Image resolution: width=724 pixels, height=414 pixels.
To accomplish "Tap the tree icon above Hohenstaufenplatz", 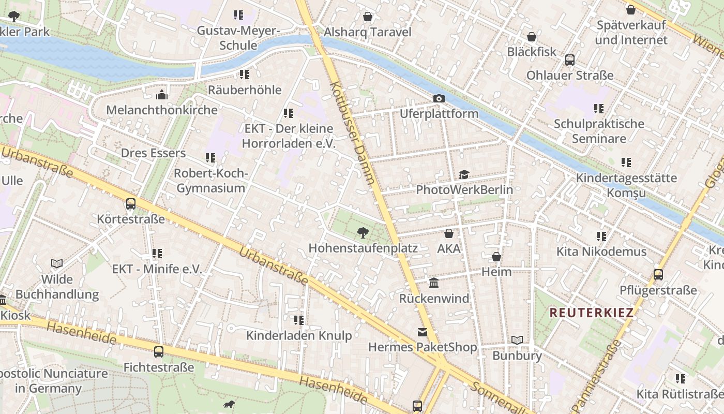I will coord(363,233).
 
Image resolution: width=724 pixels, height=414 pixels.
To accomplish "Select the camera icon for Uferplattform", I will coord(439,98).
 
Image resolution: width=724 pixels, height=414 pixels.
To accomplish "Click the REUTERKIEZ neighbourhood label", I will coord(591,313).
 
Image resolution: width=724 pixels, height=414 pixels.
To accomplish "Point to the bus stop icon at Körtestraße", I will coord(131,204).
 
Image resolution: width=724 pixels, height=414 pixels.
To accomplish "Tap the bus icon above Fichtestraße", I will coord(159,352).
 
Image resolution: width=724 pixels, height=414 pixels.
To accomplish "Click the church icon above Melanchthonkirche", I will coord(162,95).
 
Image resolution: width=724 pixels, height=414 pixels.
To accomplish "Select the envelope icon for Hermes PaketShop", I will coord(423,332).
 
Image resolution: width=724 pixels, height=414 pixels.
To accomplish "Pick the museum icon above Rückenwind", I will coord(434,283).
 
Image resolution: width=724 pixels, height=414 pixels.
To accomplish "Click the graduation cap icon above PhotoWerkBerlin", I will coord(464,175).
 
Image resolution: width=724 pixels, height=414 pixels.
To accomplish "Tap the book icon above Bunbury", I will coord(517,340).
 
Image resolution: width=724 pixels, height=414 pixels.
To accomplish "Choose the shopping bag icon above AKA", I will coord(449,233).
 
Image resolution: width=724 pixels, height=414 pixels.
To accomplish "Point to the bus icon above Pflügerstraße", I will coord(658,275).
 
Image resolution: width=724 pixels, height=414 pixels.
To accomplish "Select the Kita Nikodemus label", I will coord(601,252).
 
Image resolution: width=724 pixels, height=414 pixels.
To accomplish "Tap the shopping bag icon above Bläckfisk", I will coord(531,37).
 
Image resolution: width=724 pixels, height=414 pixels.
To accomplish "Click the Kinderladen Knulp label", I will coord(299,335).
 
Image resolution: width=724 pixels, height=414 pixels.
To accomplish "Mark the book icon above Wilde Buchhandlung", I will coord(57,264).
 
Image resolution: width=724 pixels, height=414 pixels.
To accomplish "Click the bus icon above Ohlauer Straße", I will coord(569,60).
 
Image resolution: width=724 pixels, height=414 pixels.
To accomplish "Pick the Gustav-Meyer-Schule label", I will coord(238,38).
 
